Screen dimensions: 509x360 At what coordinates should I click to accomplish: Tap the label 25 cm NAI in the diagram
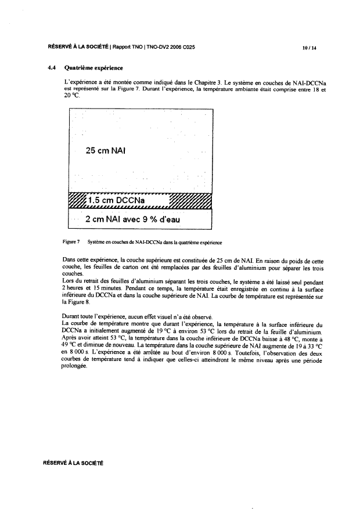(106, 150)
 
